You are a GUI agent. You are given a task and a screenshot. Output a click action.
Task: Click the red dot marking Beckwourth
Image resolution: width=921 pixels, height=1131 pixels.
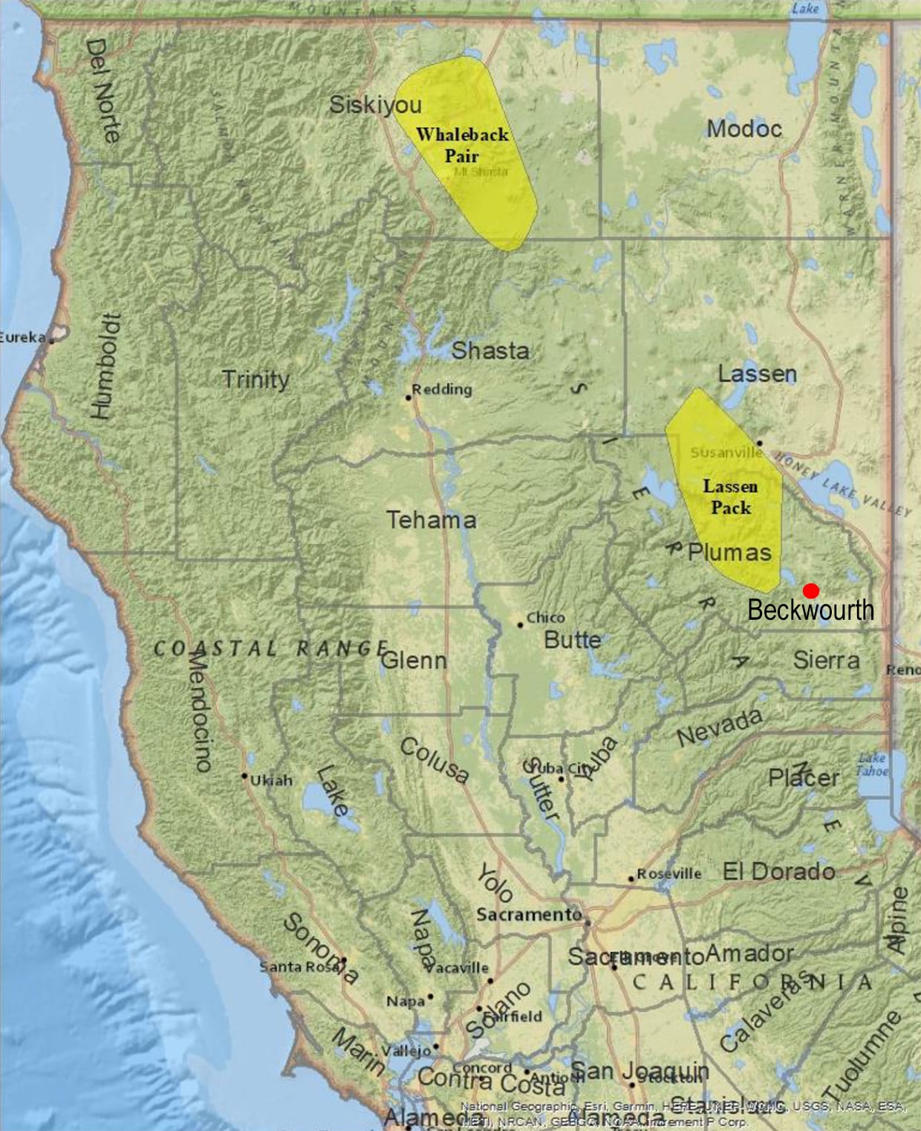(x=811, y=591)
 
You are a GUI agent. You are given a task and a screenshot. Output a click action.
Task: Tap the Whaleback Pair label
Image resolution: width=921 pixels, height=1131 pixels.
(x=462, y=145)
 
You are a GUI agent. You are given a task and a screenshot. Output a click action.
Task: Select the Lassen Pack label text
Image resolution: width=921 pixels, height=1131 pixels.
(x=731, y=497)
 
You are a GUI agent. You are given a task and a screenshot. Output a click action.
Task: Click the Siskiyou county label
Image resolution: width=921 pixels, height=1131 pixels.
(x=375, y=105)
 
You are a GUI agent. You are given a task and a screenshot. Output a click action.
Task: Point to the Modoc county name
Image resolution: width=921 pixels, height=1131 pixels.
(x=743, y=129)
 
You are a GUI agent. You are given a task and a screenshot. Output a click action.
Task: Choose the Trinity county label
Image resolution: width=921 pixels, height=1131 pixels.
(x=256, y=379)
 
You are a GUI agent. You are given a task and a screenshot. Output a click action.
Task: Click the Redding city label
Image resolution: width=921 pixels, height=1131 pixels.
(x=442, y=389)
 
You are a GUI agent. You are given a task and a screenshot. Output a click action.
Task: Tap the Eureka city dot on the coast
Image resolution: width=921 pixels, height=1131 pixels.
(x=52, y=340)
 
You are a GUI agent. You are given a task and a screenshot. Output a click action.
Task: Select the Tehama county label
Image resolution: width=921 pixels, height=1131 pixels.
(x=431, y=519)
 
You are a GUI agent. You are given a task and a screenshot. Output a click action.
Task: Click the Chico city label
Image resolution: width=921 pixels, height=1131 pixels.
(x=545, y=618)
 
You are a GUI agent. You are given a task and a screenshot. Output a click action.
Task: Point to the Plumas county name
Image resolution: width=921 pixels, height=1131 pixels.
(x=729, y=552)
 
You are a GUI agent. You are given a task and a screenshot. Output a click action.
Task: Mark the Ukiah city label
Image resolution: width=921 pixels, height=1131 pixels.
(x=271, y=780)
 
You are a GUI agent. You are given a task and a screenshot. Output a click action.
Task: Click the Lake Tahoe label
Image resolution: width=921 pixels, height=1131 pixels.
(x=871, y=765)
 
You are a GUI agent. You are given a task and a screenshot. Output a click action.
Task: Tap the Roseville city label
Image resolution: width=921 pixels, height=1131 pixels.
(x=668, y=873)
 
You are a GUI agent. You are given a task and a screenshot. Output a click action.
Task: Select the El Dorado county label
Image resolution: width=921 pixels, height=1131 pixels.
(x=778, y=871)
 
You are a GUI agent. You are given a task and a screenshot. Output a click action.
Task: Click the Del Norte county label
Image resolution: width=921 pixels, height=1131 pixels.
(x=102, y=91)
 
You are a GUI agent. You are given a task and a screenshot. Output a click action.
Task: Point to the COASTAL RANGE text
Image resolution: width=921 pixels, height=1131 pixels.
(x=270, y=649)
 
